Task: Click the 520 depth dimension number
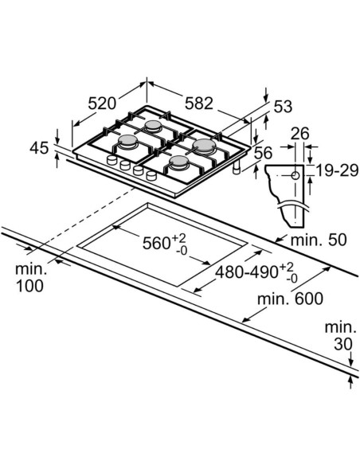(103, 103)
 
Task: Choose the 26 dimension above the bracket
(299, 133)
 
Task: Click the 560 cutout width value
(154, 243)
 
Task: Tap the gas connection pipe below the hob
(236, 170)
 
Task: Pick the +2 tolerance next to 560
(181, 236)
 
